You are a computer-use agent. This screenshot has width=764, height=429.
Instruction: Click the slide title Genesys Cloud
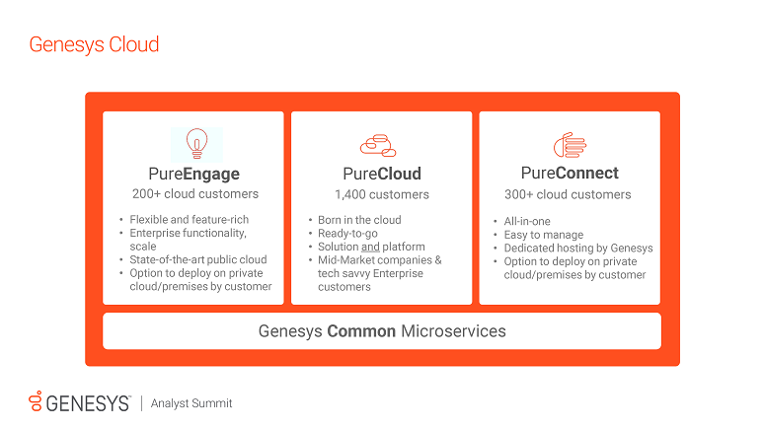pyautogui.click(x=94, y=44)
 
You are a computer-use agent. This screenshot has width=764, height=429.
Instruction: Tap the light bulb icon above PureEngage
pyautogui.click(x=195, y=143)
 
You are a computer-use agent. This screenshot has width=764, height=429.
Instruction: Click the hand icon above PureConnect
pyautogui.click(x=570, y=145)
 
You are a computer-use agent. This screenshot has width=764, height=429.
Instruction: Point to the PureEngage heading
pyautogui.click(x=193, y=174)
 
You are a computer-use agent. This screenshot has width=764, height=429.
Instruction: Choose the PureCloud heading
pyautogui.click(x=381, y=174)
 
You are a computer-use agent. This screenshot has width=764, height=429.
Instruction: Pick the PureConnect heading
pyautogui.click(x=570, y=174)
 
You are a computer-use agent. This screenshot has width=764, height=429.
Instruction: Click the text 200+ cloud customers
pyautogui.click(x=194, y=194)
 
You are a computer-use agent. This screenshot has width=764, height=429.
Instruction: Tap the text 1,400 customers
pyautogui.click(x=382, y=194)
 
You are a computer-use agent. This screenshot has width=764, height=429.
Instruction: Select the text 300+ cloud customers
pyautogui.click(x=570, y=194)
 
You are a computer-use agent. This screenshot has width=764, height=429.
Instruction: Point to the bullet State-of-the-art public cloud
pyautogui.click(x=199, y=259)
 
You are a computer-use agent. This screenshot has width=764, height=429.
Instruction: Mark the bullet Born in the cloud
pyautogui.click(x=359, y=219)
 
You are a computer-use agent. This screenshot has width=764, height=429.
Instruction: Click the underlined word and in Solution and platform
pyautogui.click(x=370, y=247)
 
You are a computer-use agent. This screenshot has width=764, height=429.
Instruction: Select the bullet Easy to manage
pyautogui.click(x=543, y=236)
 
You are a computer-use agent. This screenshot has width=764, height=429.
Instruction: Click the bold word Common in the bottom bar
pyautogui.click(x=361, y=331)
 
